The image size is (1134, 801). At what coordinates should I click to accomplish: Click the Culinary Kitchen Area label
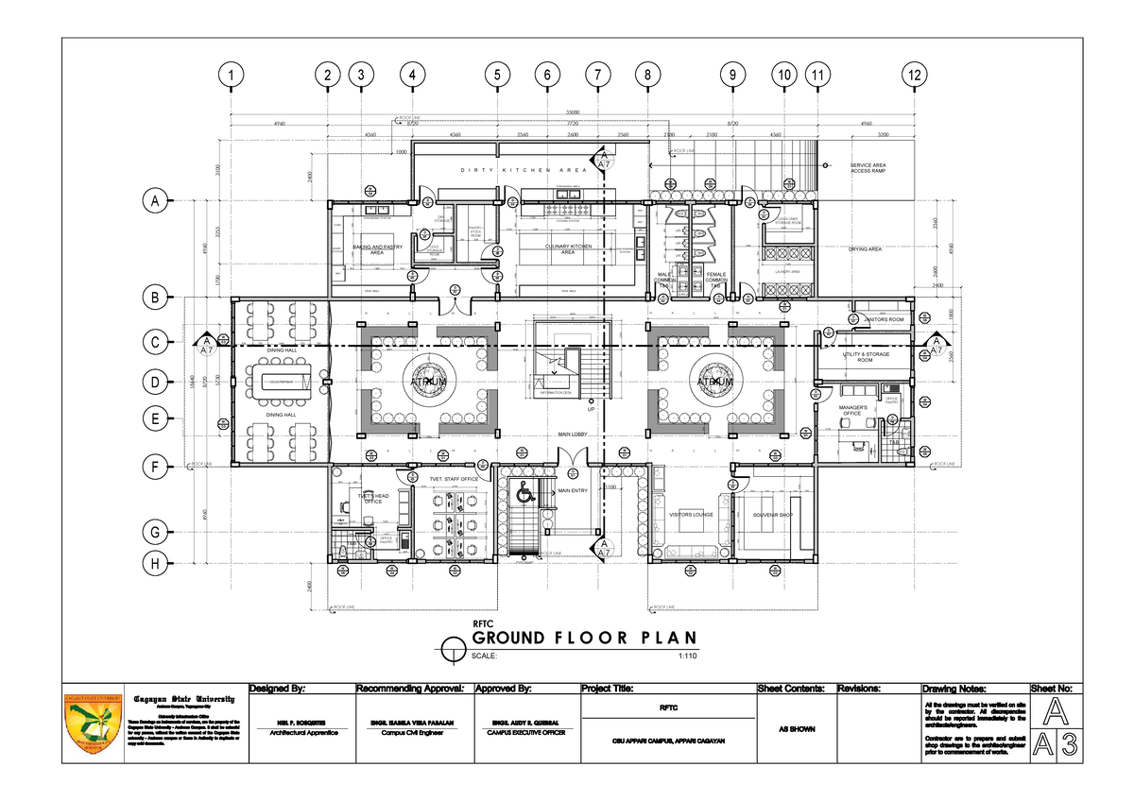[567, 250]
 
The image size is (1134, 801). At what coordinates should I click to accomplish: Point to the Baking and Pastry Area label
[380, 250]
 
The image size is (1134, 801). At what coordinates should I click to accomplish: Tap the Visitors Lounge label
[691, 515]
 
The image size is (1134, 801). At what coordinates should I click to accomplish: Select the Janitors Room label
[884, 320]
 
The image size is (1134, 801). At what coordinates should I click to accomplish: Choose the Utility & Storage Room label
[865, 357]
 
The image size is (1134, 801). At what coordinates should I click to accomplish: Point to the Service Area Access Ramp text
[867, 168]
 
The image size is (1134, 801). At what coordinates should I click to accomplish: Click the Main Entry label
[573, 491]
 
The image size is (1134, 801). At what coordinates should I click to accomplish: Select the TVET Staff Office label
[455, 479]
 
